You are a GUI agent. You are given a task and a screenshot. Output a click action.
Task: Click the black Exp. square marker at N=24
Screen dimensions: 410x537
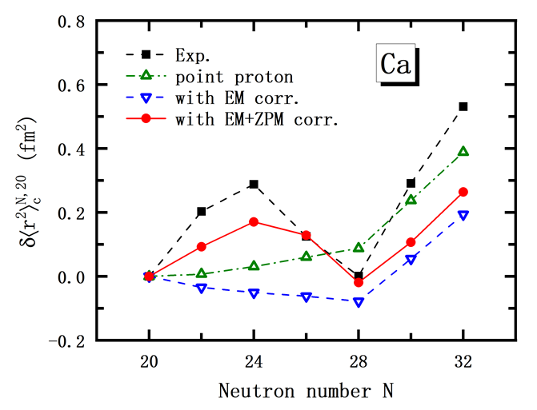tap(254, 184)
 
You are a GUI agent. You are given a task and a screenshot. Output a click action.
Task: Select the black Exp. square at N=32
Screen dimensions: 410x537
tap(463, 106)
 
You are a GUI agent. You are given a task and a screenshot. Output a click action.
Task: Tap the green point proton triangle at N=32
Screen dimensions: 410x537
tap(463, 151)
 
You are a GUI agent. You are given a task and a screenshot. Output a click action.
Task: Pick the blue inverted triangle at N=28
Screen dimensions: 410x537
tap(359, 302)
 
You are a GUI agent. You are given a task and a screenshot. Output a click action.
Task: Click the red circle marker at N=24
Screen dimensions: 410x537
tap(254, 221)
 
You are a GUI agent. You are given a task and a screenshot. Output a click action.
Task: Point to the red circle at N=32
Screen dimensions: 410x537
tap(463, 192)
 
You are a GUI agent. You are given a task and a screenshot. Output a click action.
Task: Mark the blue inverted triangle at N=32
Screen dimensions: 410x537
tap(463, 215)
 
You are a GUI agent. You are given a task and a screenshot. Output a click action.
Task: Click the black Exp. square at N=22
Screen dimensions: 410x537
tap(202, 212)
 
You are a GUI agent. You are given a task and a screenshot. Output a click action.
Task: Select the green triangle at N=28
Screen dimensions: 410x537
tap(359, 248)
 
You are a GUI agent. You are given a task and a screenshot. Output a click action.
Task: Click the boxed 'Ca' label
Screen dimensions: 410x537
tap(395, 65)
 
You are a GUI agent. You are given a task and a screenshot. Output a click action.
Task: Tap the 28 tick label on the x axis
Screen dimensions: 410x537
tap(359, 360)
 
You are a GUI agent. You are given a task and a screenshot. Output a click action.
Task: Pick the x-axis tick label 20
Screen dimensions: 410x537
tap(150, 360)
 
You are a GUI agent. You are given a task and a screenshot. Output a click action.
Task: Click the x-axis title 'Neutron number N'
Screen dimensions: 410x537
tap(306, 391)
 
